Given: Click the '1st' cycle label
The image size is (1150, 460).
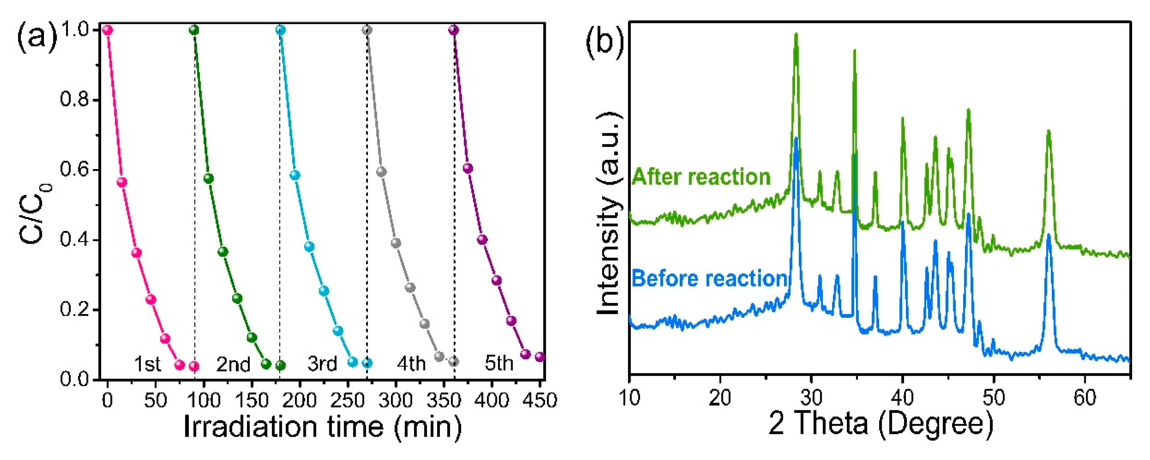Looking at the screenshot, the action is [147, 364].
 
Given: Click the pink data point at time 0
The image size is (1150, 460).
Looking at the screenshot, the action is [107, 30].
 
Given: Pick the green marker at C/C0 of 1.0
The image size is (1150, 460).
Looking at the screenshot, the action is [194, 30].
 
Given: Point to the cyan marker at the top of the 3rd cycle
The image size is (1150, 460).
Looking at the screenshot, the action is [280, 30].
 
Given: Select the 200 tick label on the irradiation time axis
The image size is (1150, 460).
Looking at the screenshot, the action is [299, 399].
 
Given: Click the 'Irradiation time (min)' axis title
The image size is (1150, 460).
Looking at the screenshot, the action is [322, 426].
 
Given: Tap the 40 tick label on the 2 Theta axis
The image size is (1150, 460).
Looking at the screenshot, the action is [902, 397].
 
